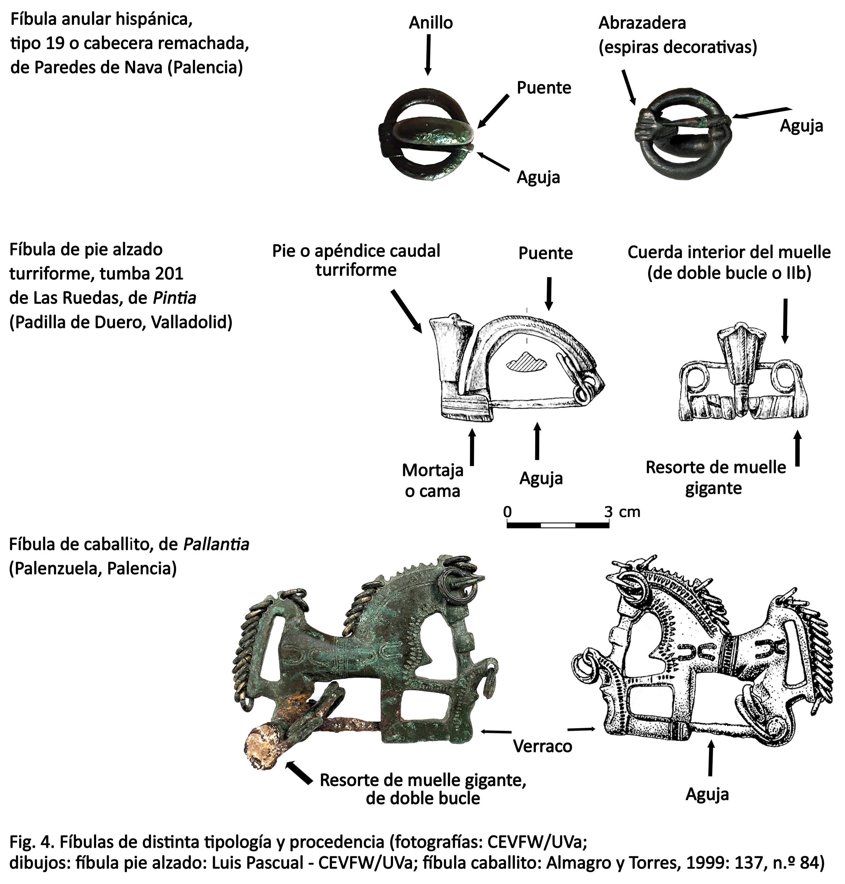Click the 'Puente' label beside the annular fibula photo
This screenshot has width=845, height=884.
[x=543, y=87]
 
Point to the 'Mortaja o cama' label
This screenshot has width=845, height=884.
[x=432, y=480]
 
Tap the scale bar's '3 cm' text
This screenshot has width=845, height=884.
[x=621, y=512]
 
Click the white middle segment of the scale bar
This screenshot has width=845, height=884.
[x=558, y=525]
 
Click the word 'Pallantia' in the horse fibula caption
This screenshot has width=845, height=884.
[x=216, y=545]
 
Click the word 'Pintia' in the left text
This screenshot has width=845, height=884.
[x=174, y=298]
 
